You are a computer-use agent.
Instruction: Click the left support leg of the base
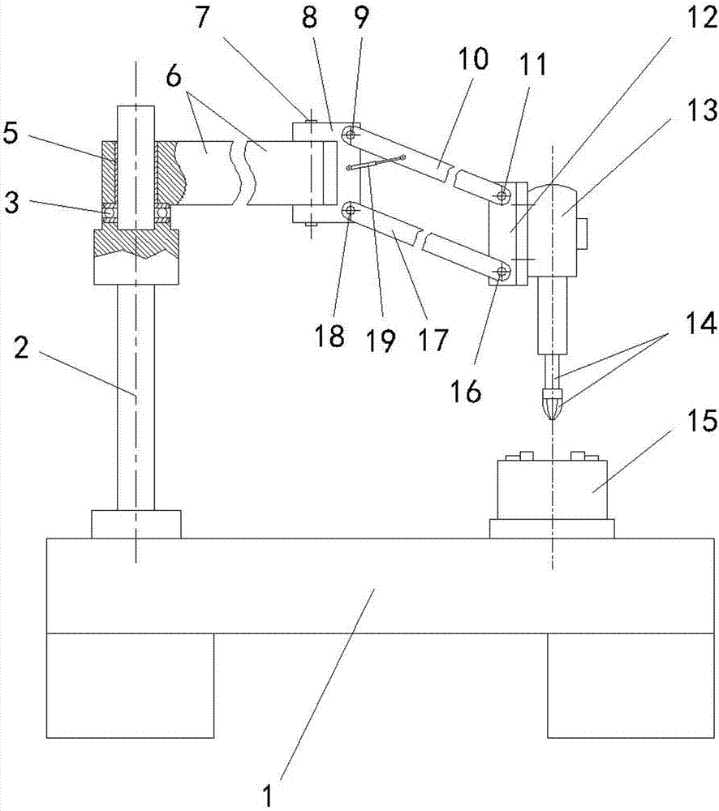click(131, 685)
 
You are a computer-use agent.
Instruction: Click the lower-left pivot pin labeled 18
click(351, 211)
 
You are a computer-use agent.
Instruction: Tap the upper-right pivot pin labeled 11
click(503, 195)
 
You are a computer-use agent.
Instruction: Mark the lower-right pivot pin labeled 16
click(503, 270)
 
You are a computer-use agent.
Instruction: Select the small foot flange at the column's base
click(136, 524)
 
